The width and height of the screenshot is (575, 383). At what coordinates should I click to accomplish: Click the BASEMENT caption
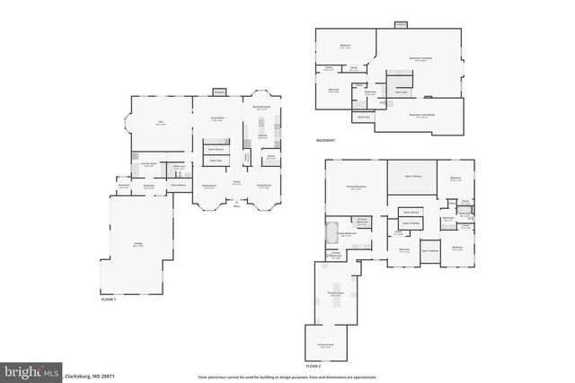click(325, 141)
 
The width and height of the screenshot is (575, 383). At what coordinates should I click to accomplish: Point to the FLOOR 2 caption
click(313, 367)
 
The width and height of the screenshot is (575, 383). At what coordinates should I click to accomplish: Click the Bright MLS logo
click(31, 370)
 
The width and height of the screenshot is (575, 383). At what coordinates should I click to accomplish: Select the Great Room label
click(217, 118)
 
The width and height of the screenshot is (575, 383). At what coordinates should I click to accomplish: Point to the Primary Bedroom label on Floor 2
click(357, 187)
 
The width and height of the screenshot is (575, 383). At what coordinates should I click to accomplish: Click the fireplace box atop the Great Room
click(218, 91)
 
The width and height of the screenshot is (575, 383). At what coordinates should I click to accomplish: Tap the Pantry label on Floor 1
click(270, 157)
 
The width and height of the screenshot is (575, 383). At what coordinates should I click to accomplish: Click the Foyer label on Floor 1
click(236, 183)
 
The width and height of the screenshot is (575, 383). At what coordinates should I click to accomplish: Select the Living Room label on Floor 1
click(208, 186)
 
